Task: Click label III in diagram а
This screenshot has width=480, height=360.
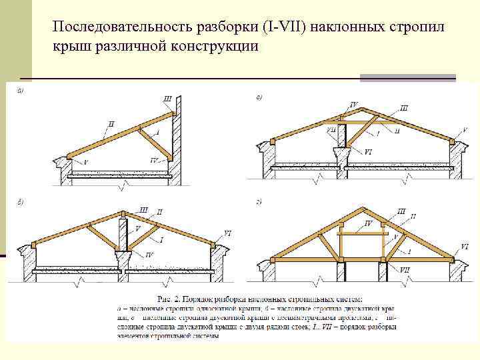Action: [167, 99]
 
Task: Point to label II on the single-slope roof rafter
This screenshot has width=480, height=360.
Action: [111, 124]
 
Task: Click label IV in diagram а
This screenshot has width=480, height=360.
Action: [154, 160]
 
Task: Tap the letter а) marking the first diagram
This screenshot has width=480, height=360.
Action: [20, 91]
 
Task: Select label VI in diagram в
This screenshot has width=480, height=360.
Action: [368, 152]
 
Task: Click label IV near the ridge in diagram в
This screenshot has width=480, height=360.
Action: [353, 105]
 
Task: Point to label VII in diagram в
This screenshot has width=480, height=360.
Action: [331, 131]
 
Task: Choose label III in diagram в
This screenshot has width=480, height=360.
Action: [405, 107]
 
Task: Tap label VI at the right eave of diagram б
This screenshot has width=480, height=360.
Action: [227, 233]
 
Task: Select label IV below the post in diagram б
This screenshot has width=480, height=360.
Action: [149, 255]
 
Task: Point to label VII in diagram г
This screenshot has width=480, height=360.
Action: [405, 269]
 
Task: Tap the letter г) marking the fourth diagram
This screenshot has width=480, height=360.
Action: [259, 201]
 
